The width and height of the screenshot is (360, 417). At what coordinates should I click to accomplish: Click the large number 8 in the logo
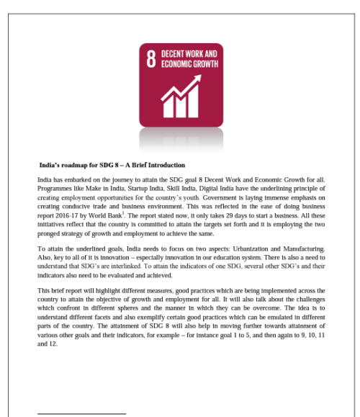coord(151,60)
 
